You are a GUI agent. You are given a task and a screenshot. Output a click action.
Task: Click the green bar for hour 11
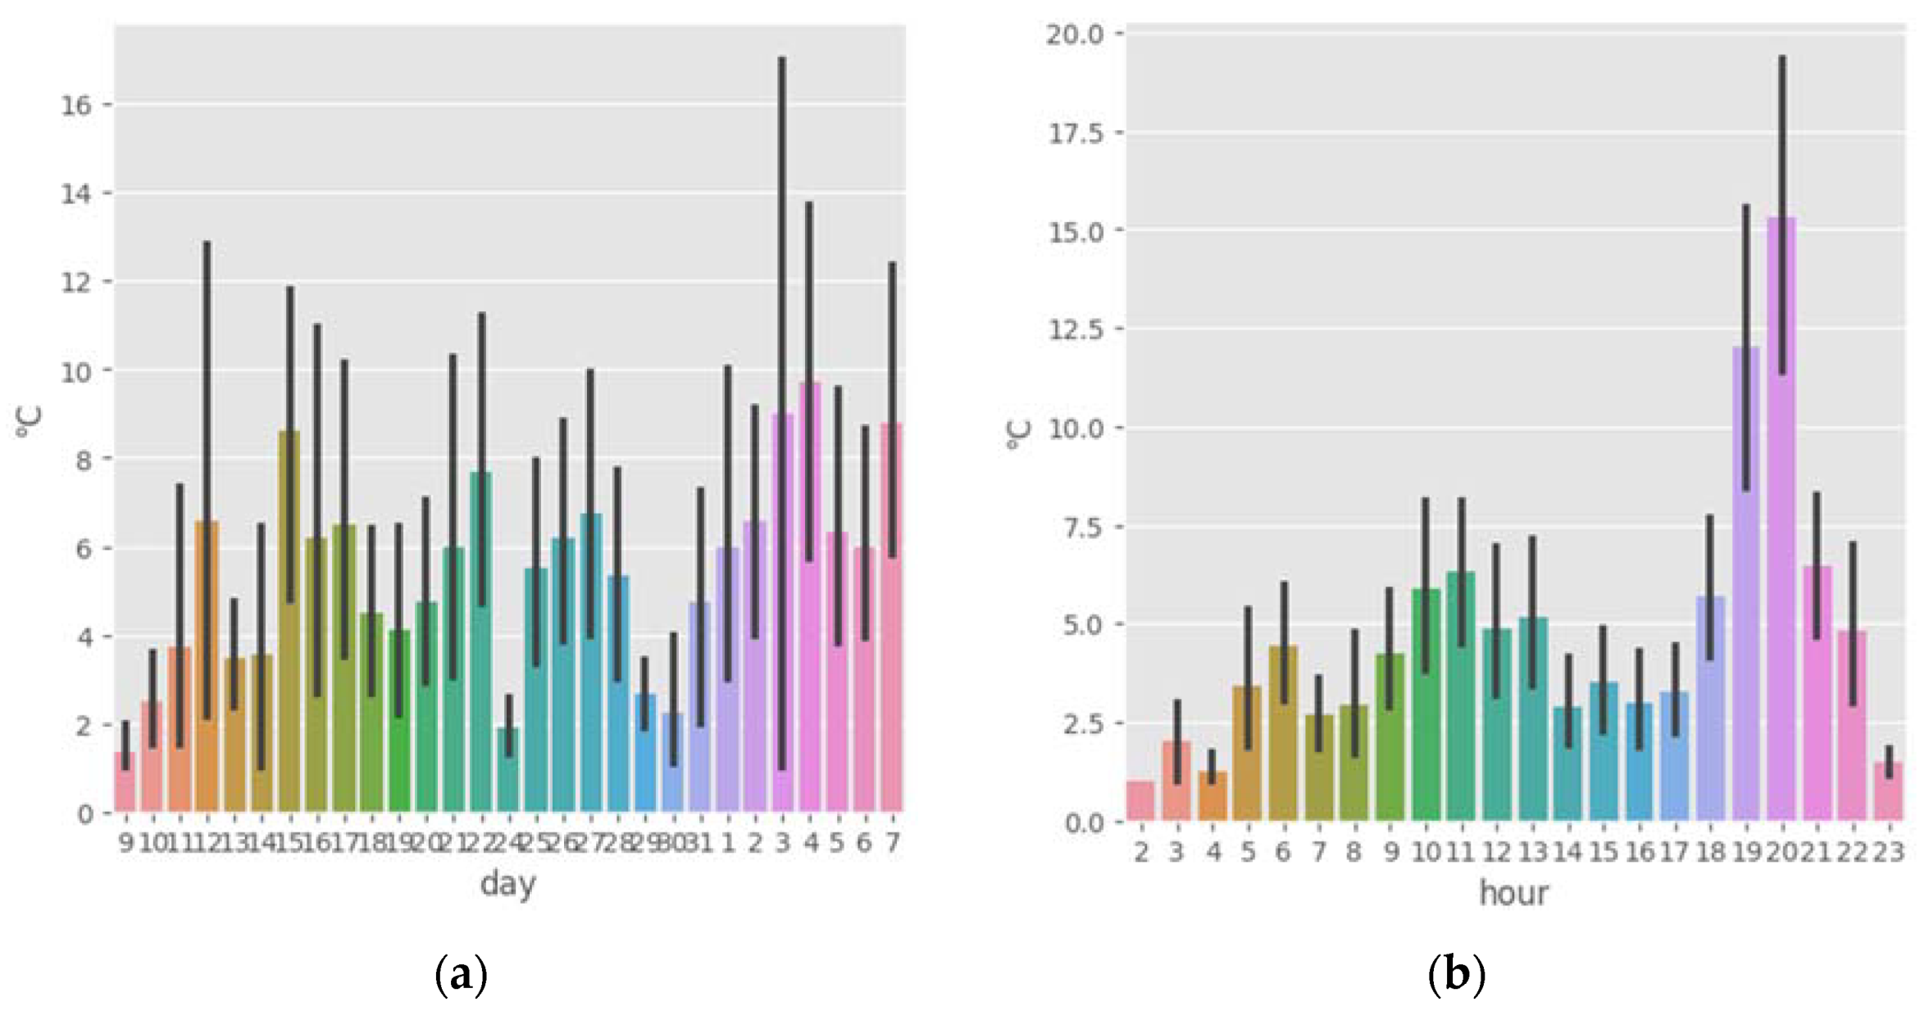coord(1461,696)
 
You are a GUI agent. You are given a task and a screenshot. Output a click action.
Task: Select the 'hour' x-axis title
coord(1513,892)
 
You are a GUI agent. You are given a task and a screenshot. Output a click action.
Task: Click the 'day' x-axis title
coord(507,883)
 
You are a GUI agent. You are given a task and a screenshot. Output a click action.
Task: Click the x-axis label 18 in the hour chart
coord(1711,852)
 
